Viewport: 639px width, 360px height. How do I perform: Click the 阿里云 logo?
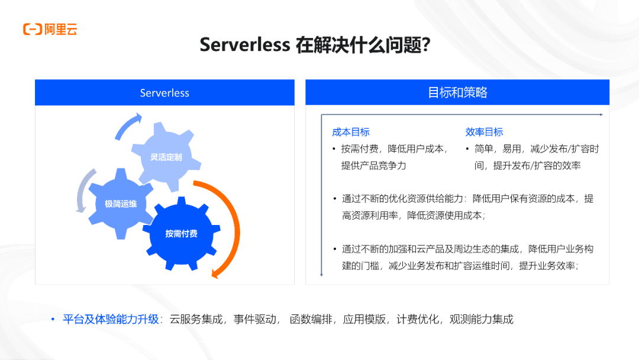50,29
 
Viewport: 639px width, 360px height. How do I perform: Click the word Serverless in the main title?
244,45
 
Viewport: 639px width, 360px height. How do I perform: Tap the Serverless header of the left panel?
164,93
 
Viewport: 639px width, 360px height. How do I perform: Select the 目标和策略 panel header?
457,92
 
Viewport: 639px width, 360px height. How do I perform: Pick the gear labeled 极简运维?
121,204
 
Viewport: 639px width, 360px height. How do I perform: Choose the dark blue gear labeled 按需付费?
181,233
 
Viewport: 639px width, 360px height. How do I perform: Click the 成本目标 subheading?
351,132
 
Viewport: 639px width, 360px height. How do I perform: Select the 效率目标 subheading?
484,132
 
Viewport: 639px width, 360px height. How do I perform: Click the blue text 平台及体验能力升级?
111,320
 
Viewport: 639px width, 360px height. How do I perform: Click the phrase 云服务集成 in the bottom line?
196,320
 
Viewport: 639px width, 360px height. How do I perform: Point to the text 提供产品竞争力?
373,166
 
